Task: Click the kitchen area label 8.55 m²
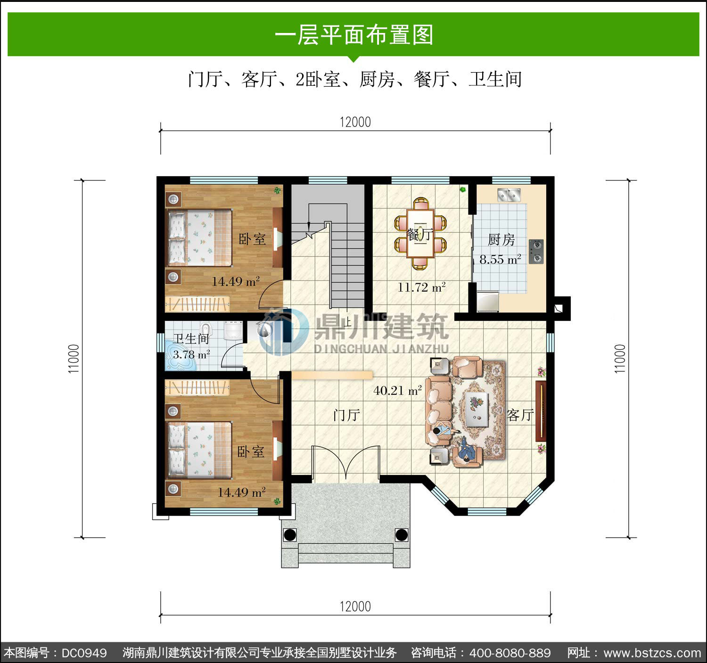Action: point(500,259)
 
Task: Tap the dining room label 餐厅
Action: point(420,234)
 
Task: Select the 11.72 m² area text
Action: point(421,287)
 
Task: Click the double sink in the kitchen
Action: point(509,195)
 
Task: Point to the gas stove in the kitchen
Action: point(536,251)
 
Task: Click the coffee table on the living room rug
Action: point(477,409)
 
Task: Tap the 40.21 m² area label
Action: point(398,390)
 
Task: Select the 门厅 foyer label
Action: point(346,415)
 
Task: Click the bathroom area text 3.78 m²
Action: point(191,354)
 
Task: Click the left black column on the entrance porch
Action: point(290,535)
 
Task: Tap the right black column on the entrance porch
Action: point(402,535)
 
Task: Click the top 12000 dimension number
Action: point(355,122)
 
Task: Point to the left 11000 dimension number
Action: point(74,359)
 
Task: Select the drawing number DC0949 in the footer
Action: point(84,653)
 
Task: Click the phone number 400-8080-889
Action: point(510,653)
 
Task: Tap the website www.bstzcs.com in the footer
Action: point(652,653)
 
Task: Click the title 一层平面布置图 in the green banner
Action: point(354,35)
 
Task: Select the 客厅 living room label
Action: point(520,415)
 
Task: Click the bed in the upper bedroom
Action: point(199,237)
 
